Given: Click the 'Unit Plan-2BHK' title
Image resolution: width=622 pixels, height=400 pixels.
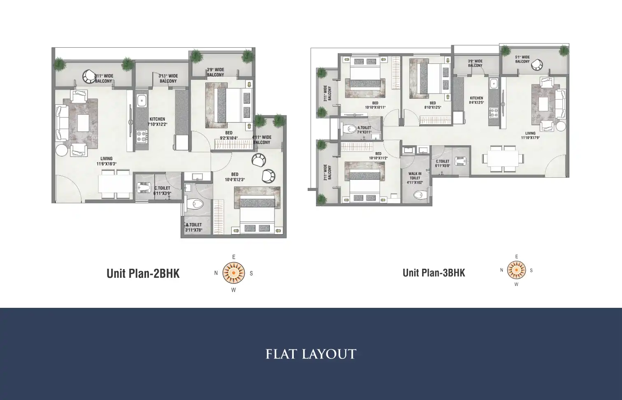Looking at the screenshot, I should pos(143,274).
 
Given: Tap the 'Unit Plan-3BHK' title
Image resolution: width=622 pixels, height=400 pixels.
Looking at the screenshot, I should pos(434,273).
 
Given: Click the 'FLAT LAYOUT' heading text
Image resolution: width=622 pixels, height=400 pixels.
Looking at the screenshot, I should pos(311,354).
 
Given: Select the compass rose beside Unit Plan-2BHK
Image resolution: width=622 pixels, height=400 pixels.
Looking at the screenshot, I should pos(233,273).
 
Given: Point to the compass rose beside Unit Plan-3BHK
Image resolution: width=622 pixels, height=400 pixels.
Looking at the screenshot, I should pos(516,270).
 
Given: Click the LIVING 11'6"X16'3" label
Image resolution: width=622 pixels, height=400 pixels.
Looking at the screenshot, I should pos(106,161).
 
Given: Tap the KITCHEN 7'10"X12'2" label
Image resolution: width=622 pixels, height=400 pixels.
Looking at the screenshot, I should pos(157,121).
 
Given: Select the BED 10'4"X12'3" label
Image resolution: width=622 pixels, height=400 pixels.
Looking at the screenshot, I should pos(234,177).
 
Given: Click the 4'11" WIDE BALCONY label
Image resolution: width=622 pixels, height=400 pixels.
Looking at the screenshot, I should pos(262,140).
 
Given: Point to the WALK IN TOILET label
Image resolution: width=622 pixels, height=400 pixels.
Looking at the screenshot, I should pos(415,178).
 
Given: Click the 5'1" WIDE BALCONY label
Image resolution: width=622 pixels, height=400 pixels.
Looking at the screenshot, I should pos(522,59).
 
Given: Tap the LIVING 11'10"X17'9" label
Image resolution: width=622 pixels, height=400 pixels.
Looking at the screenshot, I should pos(530,135).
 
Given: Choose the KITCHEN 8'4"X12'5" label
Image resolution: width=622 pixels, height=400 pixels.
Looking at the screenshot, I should pos(476,100).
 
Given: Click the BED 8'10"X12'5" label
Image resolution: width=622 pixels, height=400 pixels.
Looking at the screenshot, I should pos(433,105).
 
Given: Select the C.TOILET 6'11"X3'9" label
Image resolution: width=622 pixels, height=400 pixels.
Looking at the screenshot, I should pos(162,190).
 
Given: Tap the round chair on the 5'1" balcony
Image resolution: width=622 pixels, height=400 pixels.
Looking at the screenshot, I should pos(536,65).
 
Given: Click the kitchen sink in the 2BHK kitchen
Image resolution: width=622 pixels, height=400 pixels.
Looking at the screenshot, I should pos(142,100).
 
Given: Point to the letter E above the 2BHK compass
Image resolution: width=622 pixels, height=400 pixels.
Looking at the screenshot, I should pos(234,257).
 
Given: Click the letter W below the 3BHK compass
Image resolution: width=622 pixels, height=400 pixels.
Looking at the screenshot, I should pos(516,284).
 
